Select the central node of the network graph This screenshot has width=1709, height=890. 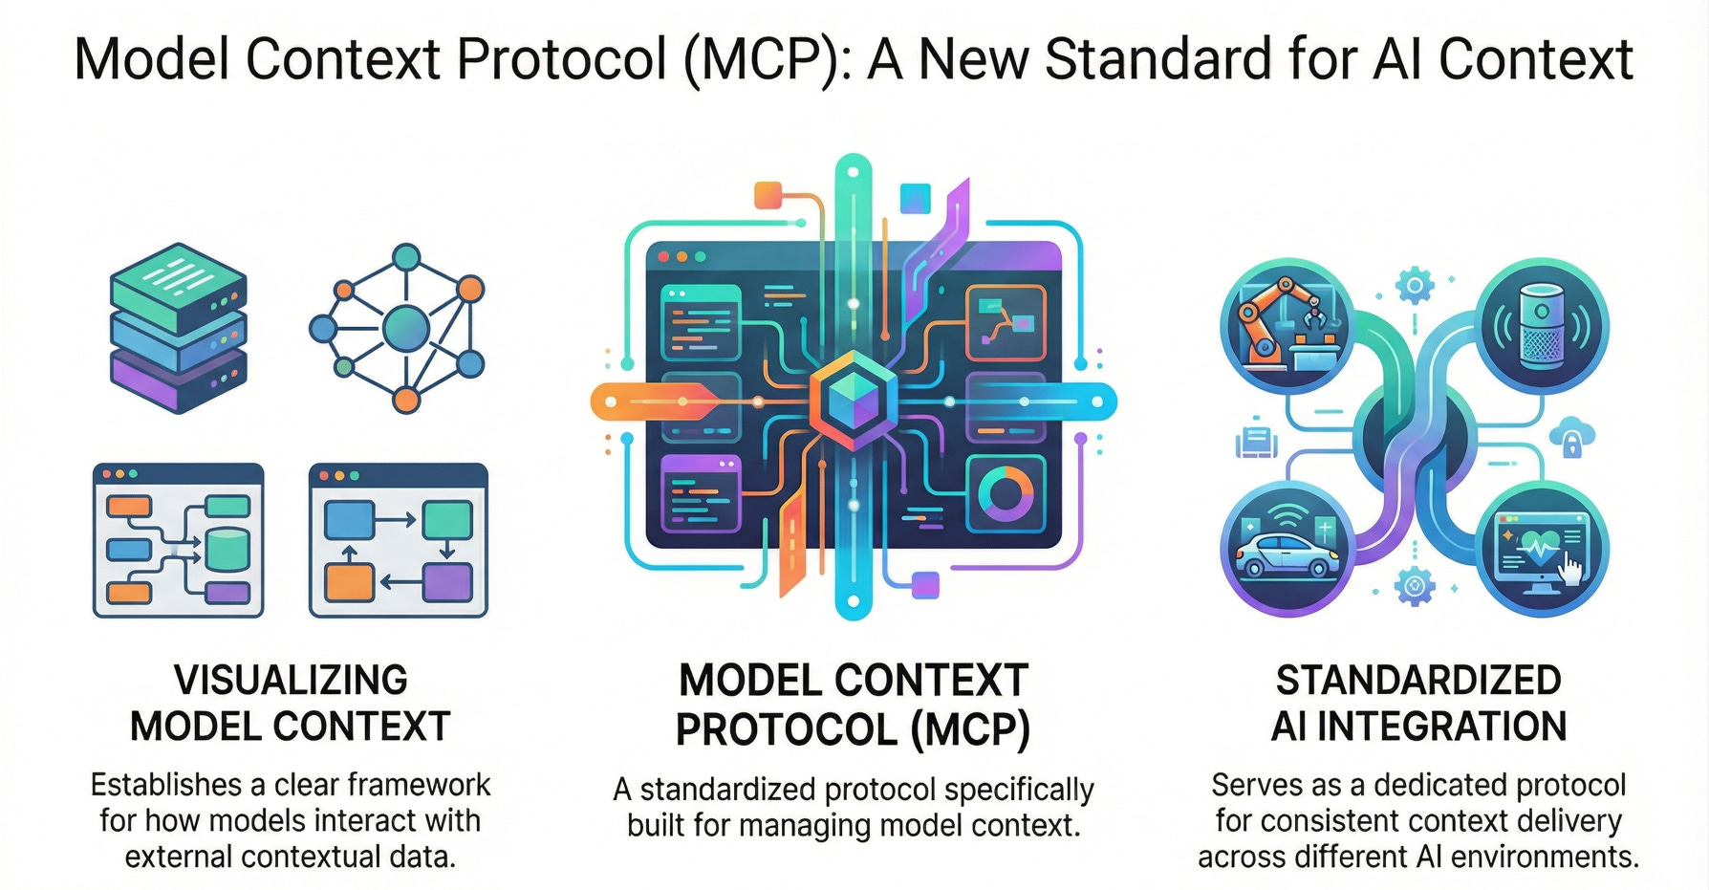(x=405, y=328)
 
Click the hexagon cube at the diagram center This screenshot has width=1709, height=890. (x=854, y=400)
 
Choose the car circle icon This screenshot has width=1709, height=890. (x=1287, y=551)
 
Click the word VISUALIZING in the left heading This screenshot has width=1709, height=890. (x=291, y=681)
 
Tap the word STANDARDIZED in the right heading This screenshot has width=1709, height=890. (x=1418, y=681)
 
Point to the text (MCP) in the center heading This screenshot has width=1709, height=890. (x=970, y=730)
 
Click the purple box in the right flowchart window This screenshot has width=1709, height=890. (x=447, y=582)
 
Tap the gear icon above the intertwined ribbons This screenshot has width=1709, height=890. (x=1415, y=285)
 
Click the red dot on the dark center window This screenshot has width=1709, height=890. (x=661, y=257)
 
